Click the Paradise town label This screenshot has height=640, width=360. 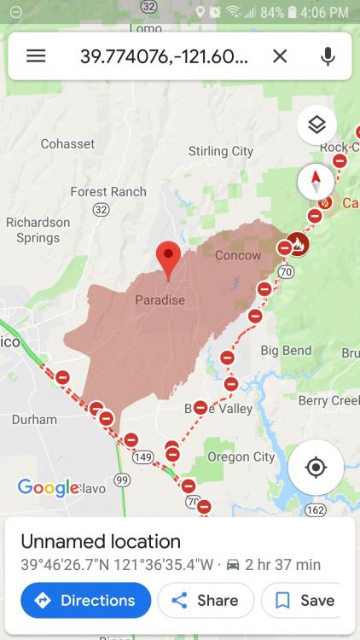160,300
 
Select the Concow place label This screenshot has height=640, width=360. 238,255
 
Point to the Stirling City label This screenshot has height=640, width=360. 220,151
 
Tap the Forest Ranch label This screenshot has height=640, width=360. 108,192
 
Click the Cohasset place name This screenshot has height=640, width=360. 67,144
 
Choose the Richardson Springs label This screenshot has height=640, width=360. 38,230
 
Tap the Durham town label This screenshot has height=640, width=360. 34,420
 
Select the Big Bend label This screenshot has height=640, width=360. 286,351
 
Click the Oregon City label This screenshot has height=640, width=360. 241,457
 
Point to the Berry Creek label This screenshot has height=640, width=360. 328,401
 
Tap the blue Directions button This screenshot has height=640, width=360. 85,600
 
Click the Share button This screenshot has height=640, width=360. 206,600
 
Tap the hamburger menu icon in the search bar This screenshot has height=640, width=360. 36,56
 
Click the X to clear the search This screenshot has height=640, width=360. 280,56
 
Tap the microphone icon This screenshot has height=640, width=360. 328,56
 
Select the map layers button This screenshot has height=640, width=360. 316,125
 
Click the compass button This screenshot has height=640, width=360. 316,182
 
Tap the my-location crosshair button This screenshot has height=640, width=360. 316,467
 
